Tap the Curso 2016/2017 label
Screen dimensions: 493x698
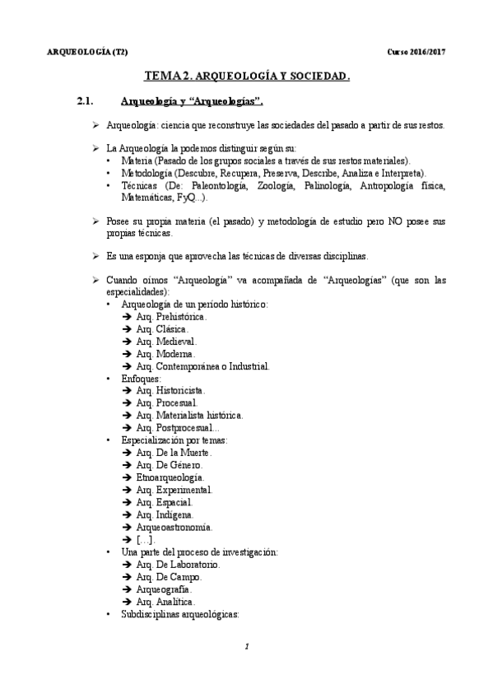pyautogui.click(x=416, y=53)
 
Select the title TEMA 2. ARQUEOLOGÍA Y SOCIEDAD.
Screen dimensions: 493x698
pyautogui.click(x=248, y=77)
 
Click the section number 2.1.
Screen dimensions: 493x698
pyautogui.click(x=86, y=101)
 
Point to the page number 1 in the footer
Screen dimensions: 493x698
pyautogui.click(x=247, y=647)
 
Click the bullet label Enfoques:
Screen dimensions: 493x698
pyautogui.click(x=141, y=378)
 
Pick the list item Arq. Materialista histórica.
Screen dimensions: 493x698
pyautogui.click(x=189, y=416)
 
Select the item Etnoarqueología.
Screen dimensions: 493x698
pyautogui.click(x=170, y=477)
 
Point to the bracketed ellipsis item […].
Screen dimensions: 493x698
pyautogui.click(x=145, y=539)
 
